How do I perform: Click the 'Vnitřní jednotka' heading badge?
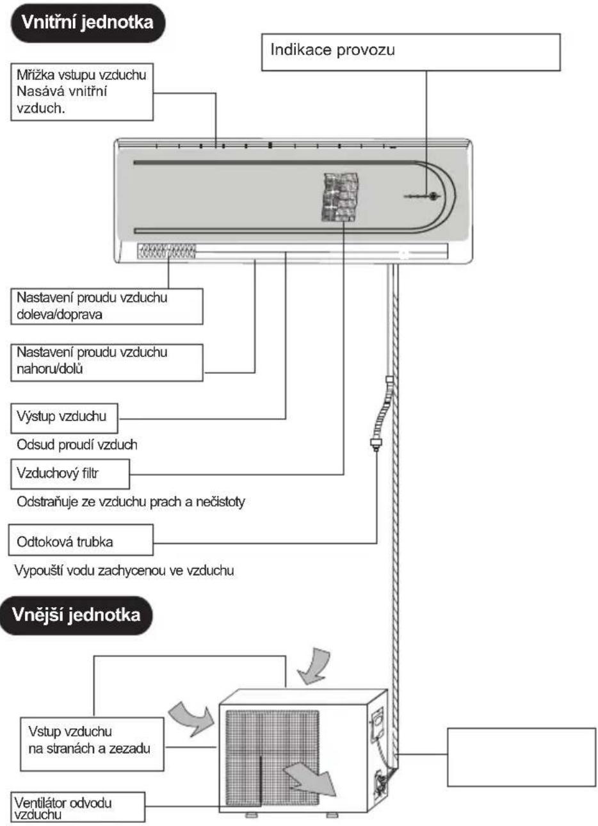coord(88,22)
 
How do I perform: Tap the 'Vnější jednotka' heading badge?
coord(76,615)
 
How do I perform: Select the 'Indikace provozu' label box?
coord(410,52)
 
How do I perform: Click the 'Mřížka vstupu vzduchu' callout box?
coord(82,92)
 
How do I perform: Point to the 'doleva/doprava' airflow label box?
coord(106,307)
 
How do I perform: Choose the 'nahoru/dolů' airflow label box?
coord(106,362)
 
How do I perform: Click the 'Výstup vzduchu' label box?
coord(64,418)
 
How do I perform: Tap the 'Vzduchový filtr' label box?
coord(70,474)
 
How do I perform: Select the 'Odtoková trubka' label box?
coord(81,540)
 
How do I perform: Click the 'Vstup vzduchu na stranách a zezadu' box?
coord(92,744)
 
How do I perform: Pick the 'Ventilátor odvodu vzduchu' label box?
coord(77,807)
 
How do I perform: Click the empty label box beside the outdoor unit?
coord(521,757)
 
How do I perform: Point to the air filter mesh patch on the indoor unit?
coord(340,197)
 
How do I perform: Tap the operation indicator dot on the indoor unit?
coord(433,196)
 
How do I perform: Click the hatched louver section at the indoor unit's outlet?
coord(166,251)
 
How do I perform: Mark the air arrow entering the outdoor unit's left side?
coord(191,718)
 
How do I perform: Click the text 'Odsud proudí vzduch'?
coord(77,445)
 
